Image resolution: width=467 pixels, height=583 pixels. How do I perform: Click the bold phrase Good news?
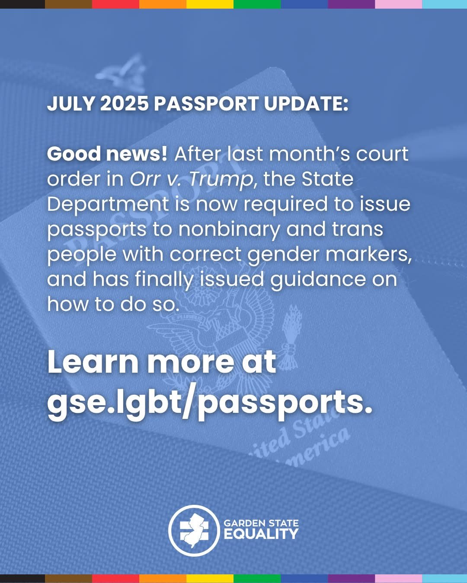[x=107, y=154]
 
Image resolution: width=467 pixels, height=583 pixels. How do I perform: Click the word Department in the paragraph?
[x=108, y=205]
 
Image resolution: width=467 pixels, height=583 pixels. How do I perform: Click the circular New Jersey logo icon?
[x=194, y=531]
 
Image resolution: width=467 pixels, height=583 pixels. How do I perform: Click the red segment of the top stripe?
[x=115, y=4]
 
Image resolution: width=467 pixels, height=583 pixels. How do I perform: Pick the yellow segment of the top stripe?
[x=210, y=4]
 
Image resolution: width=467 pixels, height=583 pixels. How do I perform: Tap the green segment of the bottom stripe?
[x=257, y=579]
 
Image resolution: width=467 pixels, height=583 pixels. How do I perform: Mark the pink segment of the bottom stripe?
[x=399, y=579]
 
